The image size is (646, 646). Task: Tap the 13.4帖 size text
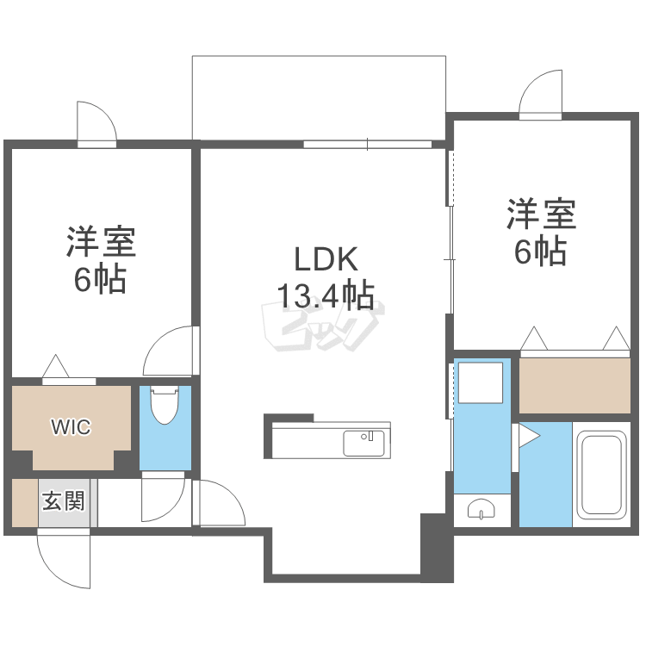326,295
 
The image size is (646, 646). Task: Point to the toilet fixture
164,406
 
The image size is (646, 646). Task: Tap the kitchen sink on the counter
366,443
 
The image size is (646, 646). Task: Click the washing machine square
481,382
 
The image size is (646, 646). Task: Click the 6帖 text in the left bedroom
100,280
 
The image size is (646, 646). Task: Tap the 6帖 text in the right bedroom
541,251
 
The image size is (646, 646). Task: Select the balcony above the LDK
319,96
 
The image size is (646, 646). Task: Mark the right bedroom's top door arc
541,93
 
